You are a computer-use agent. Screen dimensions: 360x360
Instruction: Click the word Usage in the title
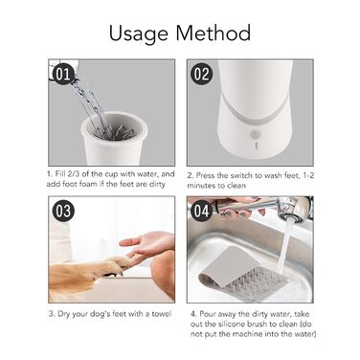[138, 34]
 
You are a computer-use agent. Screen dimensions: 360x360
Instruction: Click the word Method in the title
[214, 33]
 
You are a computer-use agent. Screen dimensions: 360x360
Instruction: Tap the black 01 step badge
[63, 75]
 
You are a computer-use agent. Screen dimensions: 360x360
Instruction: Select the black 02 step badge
[201, 74]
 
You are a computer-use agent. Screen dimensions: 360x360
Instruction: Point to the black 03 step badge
[63, 211]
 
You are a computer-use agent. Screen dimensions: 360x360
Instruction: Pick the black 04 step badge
[201, 211]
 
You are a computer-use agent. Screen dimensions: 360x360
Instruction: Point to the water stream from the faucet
[283, 247]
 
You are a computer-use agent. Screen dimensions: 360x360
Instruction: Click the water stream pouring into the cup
[89, 102]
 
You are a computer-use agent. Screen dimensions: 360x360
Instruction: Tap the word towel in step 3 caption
[161, 314]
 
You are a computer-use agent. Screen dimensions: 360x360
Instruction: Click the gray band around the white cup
[255, 112]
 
